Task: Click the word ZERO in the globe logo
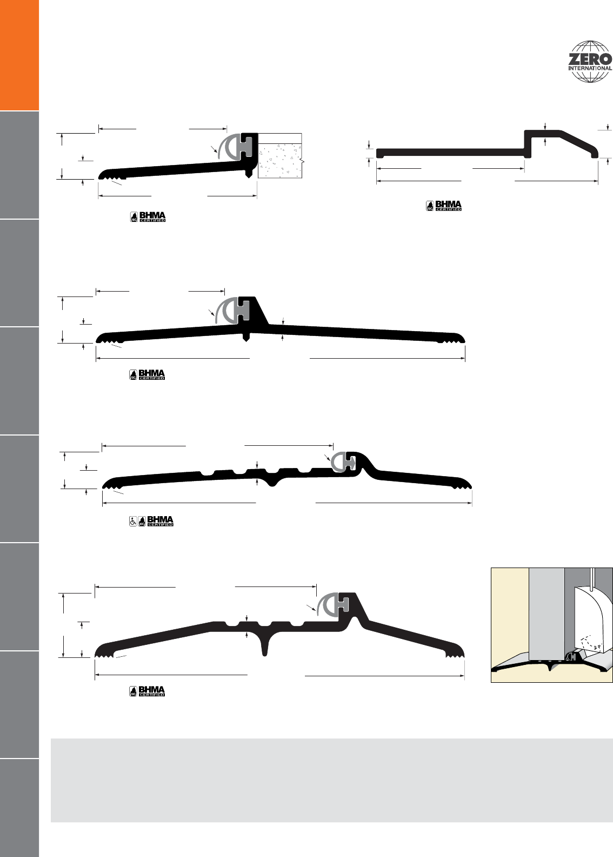point(590,60)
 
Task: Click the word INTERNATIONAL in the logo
point(590,68)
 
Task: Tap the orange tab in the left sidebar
point(19,55)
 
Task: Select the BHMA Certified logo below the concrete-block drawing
point(148,217)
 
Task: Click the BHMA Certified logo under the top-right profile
point(444,206)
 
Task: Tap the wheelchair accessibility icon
point(133,522)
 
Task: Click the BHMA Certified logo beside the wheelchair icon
point(156,521)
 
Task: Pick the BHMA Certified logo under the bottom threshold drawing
point(147,691)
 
